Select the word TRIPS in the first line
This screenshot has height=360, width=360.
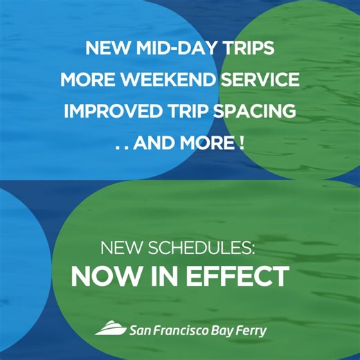(x=249, y=49)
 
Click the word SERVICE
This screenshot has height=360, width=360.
(x=261, y=80)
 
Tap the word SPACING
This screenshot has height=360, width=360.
(x=258, y=111)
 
